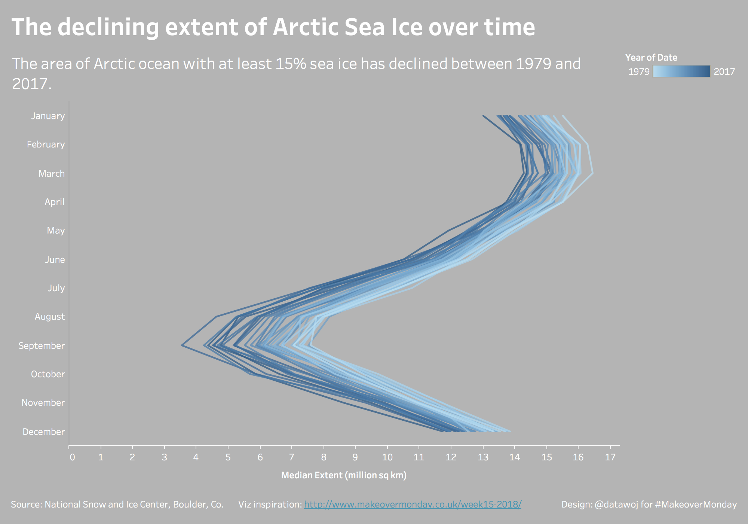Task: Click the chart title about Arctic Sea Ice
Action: [x=273, y=27]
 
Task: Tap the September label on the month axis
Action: [x=42, y=345]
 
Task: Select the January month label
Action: [x=48, y=116]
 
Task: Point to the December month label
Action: [x=44, y=432]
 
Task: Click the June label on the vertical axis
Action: [x=55, y=259]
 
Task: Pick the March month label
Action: [x=52, y=173]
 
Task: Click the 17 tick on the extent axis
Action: [x=610, y=457]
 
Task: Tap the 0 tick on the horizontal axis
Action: [x=73, y=457]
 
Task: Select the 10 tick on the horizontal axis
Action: [x=387, y=457]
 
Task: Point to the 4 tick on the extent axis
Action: [x=196, y=457]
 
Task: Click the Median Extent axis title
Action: [x=344, y=475]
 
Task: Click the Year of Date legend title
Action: [x=651, y=58]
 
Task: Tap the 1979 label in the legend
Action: [x=639, y=71]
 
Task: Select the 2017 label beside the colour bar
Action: [x=724, y=71]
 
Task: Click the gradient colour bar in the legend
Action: [x=681, y=71]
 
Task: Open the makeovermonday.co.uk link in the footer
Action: [x=413, y=505]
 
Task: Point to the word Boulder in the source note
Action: [x=190, y=505]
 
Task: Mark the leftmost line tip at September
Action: [x=182, y=345]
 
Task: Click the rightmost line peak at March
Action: [x=592, y=173]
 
